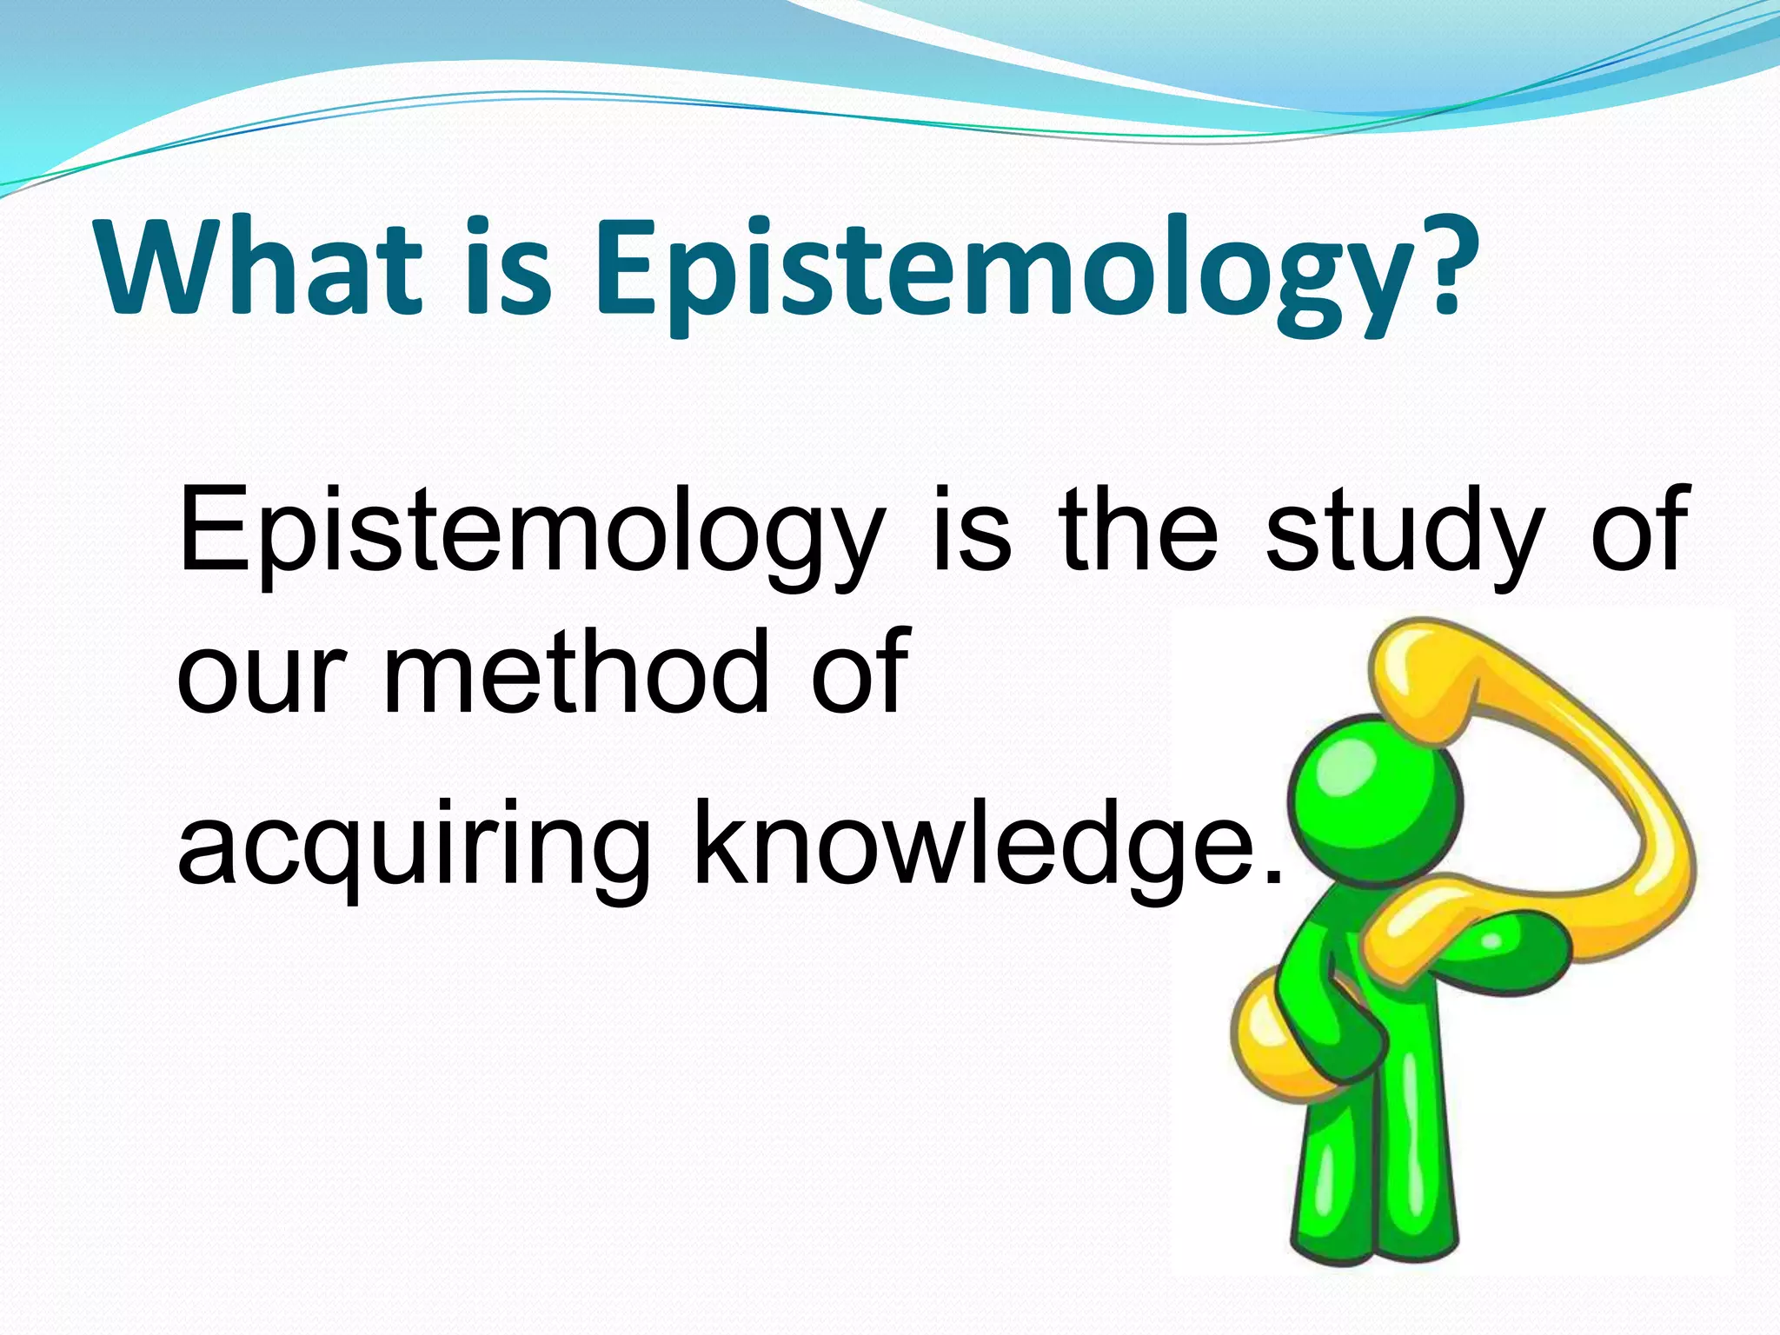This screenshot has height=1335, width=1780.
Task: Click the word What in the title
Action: pyautogui.click(x=261, y=267)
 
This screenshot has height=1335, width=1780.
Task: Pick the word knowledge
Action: pyautogui.click(x=973, y=847)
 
